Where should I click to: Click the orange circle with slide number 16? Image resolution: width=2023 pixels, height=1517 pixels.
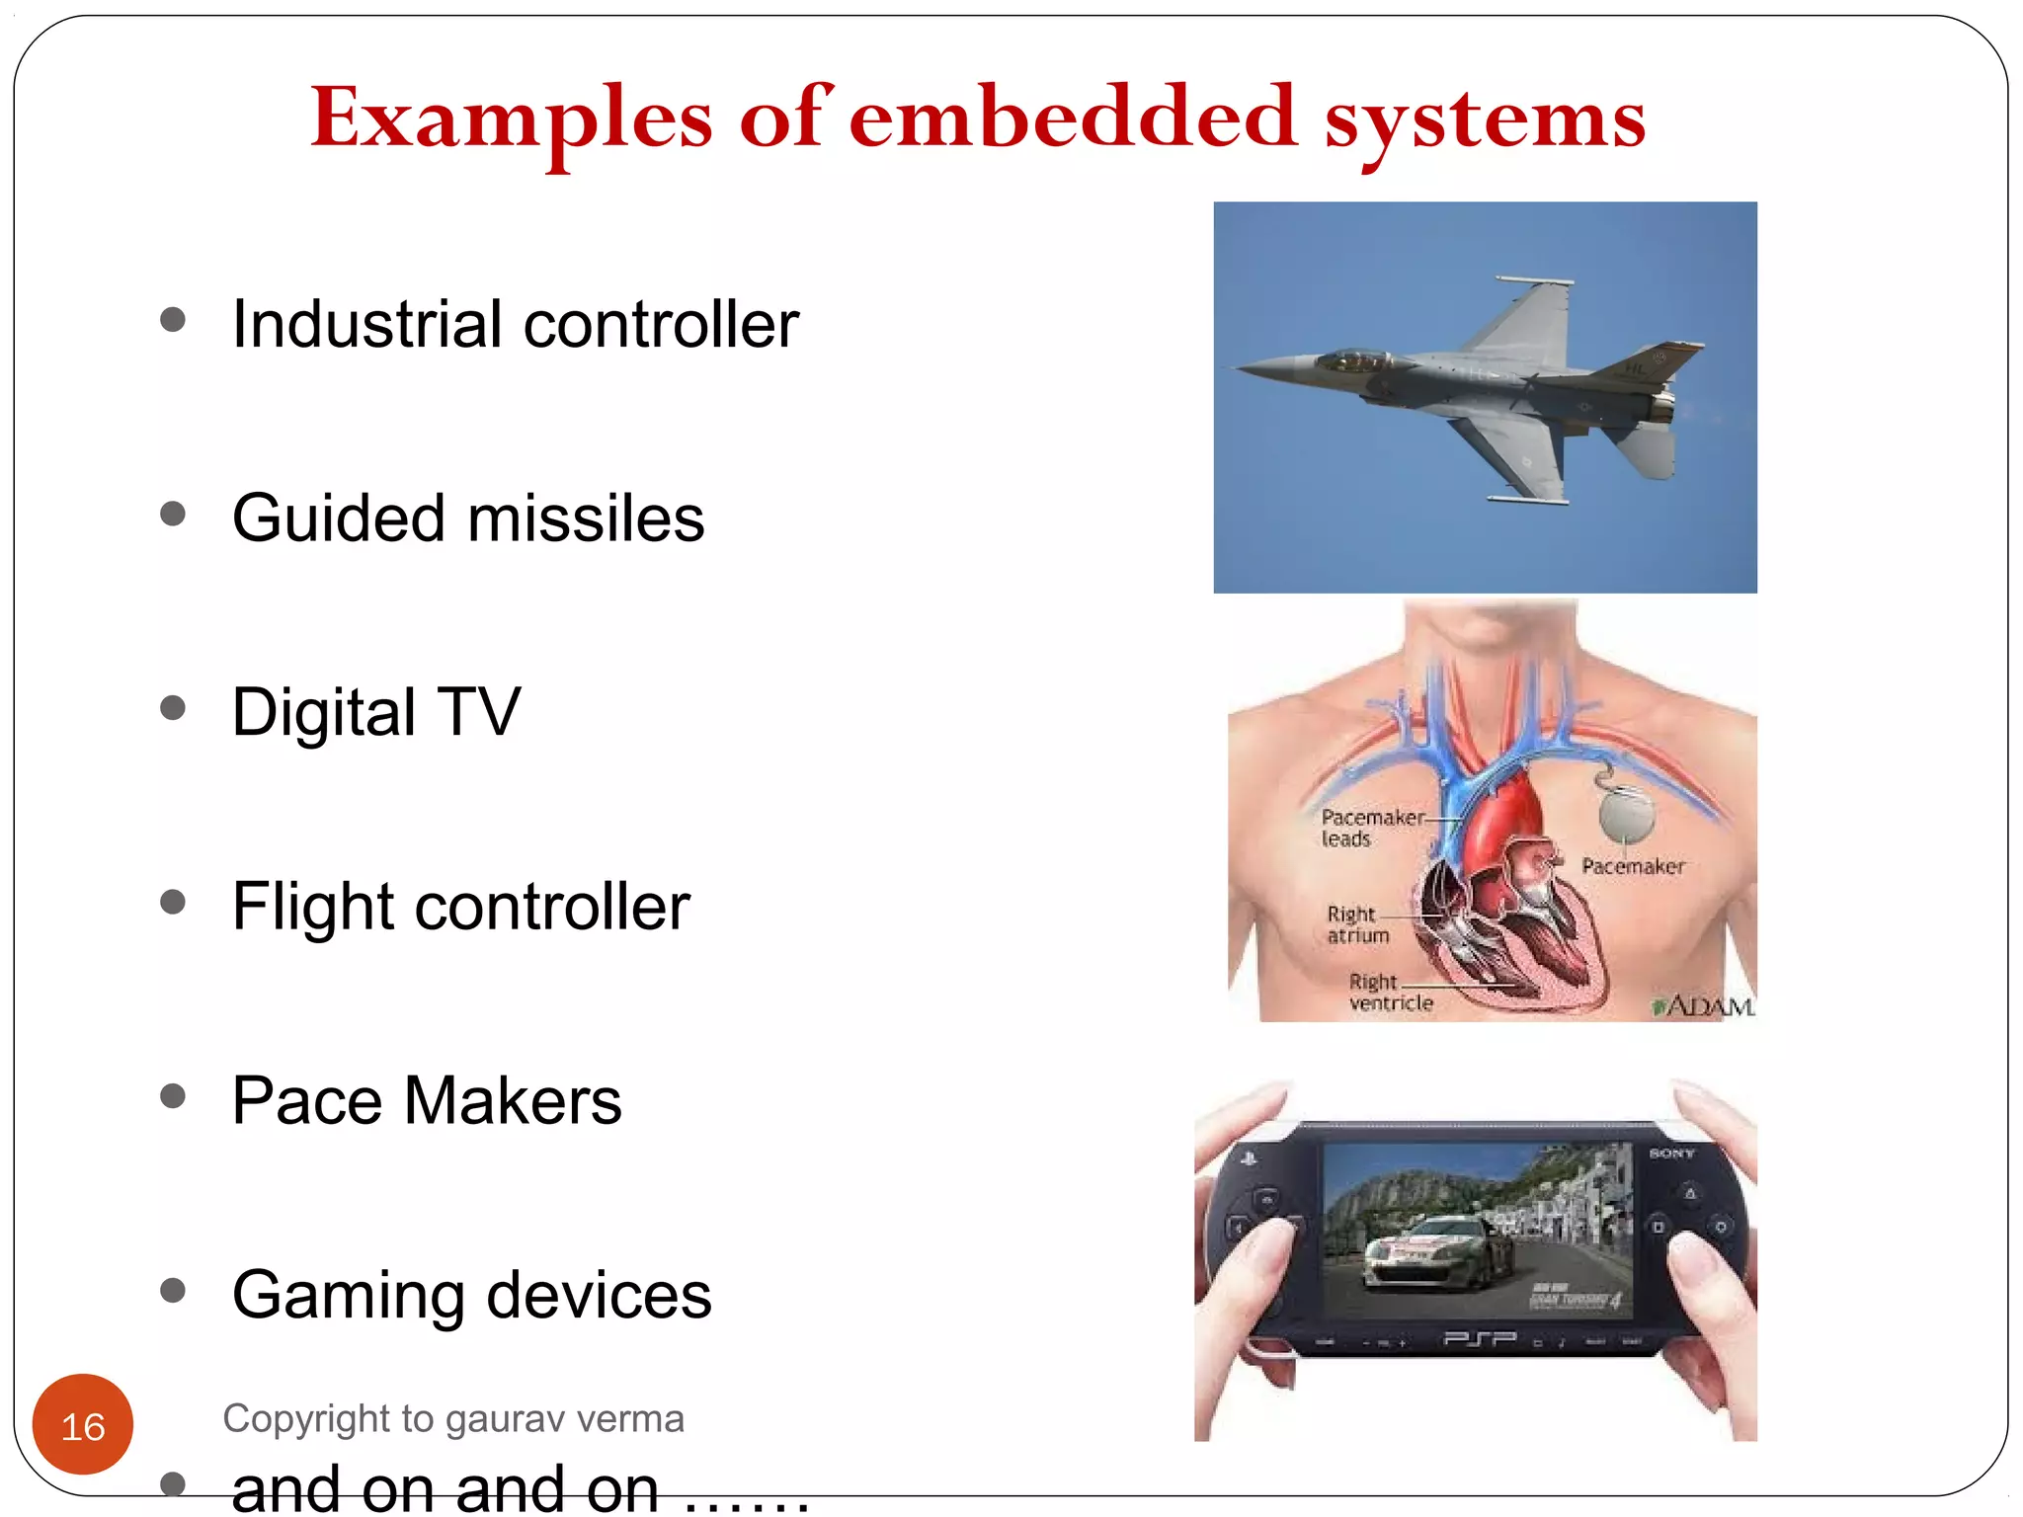point(83,1425)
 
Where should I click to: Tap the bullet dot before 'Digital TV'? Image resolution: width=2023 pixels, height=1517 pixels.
point(173,708)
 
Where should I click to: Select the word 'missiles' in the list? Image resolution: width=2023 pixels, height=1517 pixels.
point(586,519)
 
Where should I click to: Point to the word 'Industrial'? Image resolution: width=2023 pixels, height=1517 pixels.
point(366,324)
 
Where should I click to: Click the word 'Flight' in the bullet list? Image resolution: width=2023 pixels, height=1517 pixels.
point(312,906)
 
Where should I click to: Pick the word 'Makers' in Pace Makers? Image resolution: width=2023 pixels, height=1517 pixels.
point(513,1100)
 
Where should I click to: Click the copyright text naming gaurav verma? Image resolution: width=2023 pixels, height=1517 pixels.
point(453,1419)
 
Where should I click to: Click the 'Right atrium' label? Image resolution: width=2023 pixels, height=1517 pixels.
point(1356,924)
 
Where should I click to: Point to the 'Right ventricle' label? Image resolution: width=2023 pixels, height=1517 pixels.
point(1389,993)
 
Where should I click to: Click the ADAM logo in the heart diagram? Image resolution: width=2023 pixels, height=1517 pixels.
point(1705,1006)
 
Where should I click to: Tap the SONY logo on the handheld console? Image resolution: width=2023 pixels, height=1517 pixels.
point(1671,1153)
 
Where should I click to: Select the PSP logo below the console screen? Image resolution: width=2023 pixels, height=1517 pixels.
point(1479,1339)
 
